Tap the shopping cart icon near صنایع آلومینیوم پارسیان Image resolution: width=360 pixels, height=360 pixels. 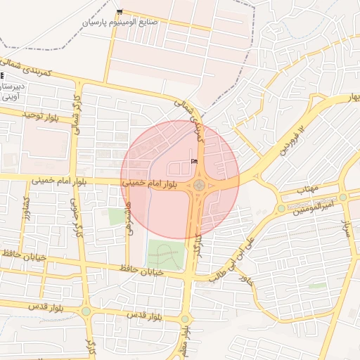pos(120,12)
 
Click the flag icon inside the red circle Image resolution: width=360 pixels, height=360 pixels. pos(194,162)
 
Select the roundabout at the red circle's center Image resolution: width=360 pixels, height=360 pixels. pos(199,186)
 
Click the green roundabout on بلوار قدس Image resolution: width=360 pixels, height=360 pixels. pos(86,311)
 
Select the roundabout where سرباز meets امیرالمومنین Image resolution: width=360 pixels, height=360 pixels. pos(342,198)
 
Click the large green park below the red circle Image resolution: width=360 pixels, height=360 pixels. pos(166,256)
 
